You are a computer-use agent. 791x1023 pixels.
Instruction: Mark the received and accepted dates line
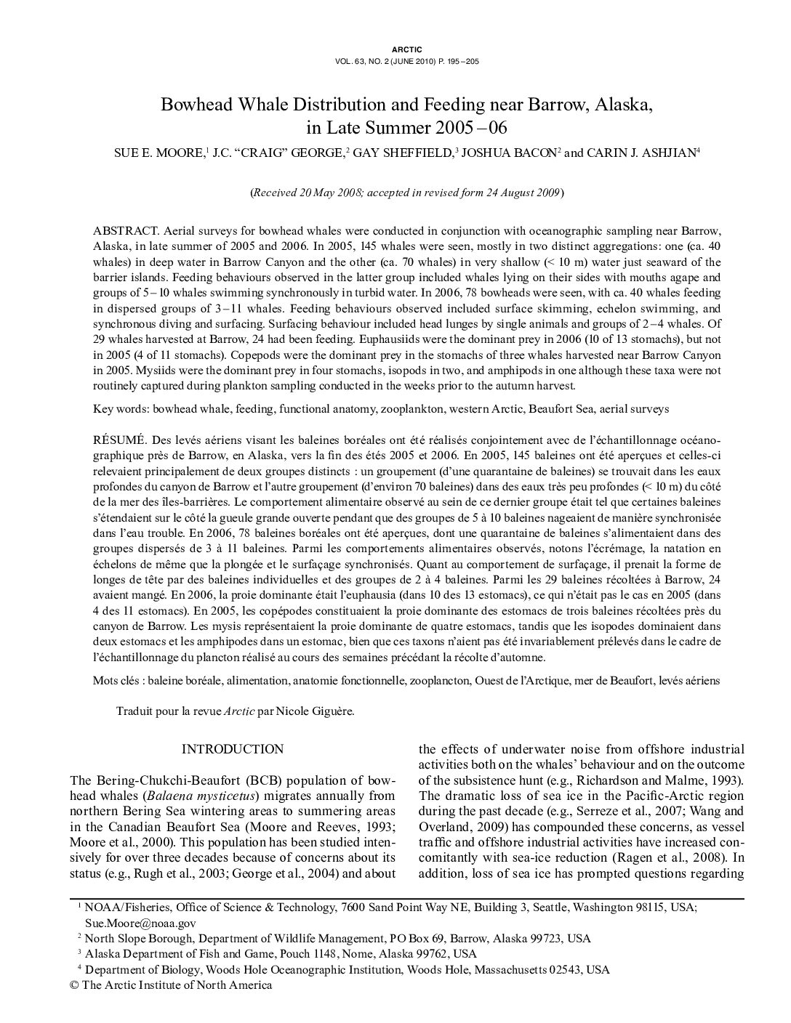[x=406, y=193]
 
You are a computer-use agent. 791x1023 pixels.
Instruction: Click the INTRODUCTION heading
[x=232, y=749]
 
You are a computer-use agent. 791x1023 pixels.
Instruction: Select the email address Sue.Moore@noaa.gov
[x=140, y=923]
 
